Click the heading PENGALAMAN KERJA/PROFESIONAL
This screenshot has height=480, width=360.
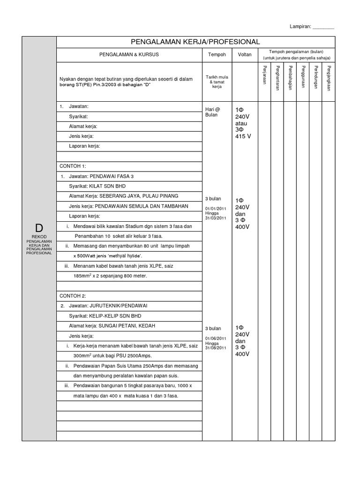coord(195,42)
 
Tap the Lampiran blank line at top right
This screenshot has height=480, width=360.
coord(323,28)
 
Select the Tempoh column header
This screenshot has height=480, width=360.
coord(217,55)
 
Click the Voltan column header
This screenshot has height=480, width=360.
coord(245,55)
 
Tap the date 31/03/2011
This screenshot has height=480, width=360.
coord(216,218)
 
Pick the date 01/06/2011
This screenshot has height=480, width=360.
coord(216,338)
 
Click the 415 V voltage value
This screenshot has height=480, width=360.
coord(243,136)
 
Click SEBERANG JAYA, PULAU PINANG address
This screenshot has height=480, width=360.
coord(138,196)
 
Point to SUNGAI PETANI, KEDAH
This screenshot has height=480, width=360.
coord(127,326)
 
